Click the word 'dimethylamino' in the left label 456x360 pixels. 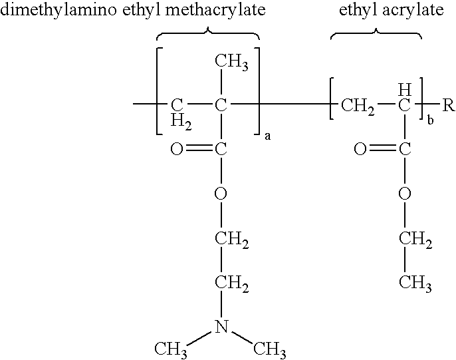[x=58, y=11]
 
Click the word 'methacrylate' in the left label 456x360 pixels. [x=215, y=11]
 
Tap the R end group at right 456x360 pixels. [x=449, y=105]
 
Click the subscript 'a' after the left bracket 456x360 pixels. [x=267, y=136]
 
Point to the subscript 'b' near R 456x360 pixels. [x=430, y=120]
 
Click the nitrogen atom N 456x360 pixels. [x=221, y=326]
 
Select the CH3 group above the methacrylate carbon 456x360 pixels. [x=231, y=63]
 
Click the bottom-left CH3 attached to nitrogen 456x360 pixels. [x=171, y=349]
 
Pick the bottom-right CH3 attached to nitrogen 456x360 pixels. [x=270, y=349]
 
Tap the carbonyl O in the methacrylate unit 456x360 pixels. [x=177, y=149]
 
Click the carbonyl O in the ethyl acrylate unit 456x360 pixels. [x=360, y=149]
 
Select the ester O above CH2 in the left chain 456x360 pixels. [x=221, y=193]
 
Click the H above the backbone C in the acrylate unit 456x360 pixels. [x=405, y=90]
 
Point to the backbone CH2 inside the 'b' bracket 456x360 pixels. [x=358, y=106]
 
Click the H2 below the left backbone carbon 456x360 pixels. [x=181, y=121]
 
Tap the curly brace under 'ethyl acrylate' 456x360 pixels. [x=376, y=33]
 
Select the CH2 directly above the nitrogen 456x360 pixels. [x=232, y=283]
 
